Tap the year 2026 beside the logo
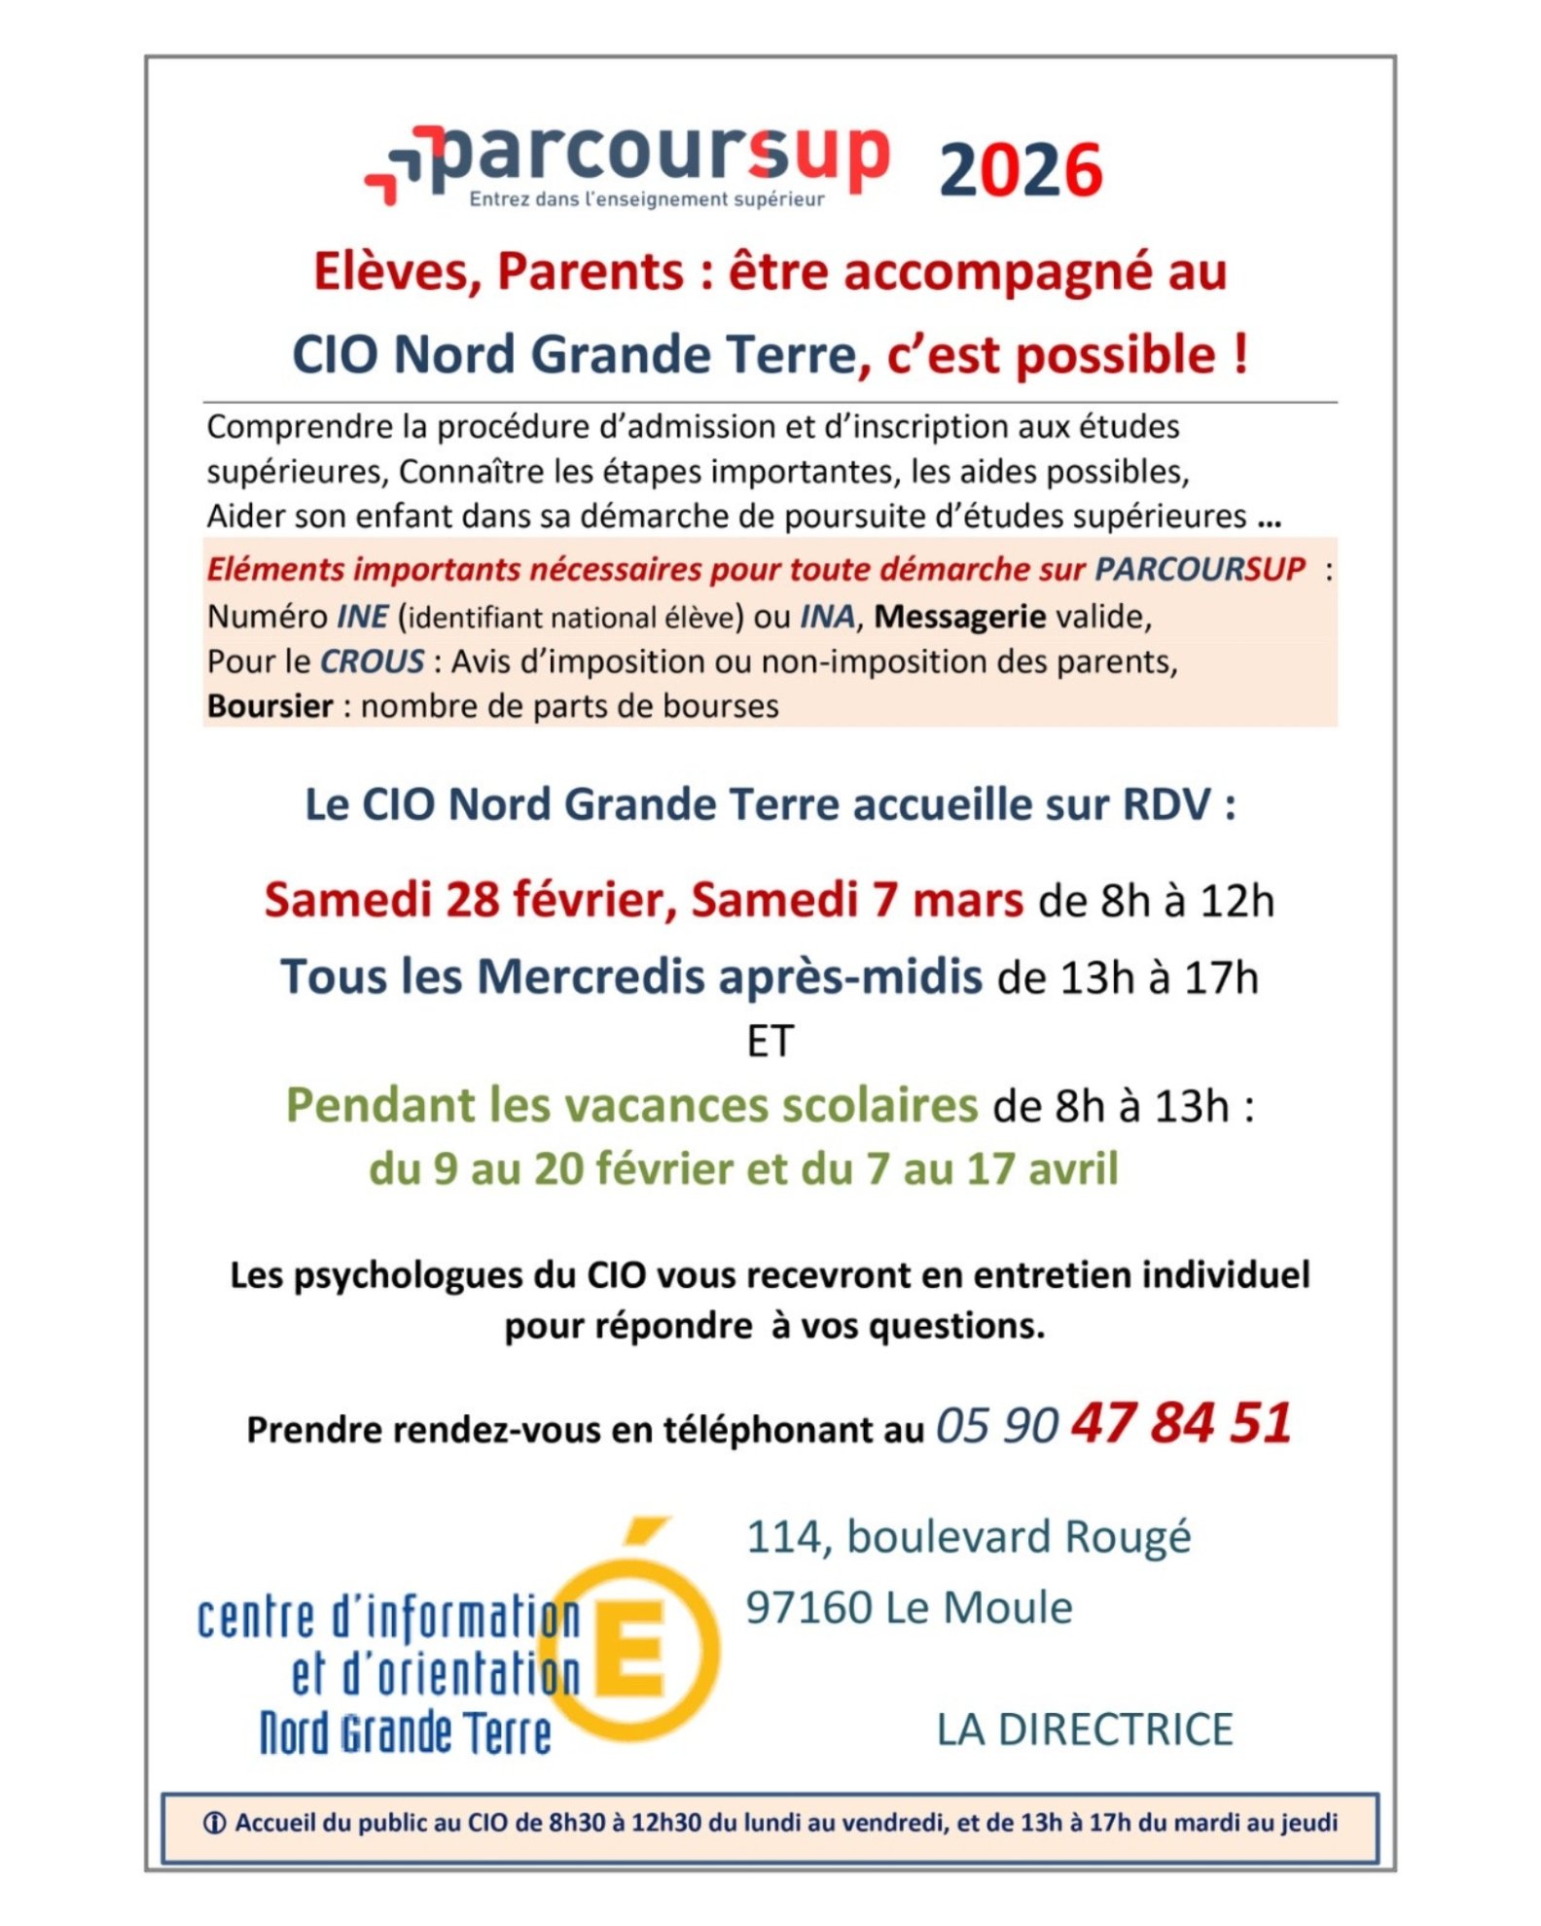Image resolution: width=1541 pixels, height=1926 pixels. (1021, 171)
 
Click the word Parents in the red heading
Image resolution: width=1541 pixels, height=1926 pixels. (591, 271)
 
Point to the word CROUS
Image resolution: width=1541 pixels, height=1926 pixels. (373, 662)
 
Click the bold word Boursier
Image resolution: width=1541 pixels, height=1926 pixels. (269, 706)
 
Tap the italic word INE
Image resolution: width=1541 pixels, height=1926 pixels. (363, 617)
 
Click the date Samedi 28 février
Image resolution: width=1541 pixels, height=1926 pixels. (470, 900)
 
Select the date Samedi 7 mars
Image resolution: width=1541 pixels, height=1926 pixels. (857, 900)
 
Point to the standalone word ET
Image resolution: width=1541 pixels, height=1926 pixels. (770, 1042)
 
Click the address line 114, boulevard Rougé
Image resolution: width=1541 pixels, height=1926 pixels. (968, 1538)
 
